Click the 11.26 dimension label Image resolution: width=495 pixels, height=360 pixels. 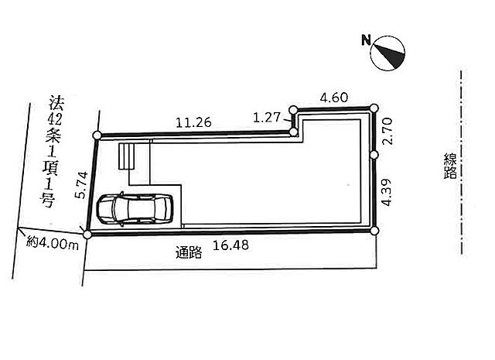(x=193, y=122)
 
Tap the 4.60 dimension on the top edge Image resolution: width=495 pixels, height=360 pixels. (x=334, y=98)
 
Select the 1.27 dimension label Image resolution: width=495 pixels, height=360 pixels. (x=267, y=118)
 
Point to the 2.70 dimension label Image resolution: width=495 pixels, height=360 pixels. (x=387, y=131)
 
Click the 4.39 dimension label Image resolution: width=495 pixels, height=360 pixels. (x=387, y=193)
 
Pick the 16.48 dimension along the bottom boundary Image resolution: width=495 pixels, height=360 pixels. (x=230, y=245)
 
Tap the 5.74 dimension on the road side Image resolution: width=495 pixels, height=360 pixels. (x=81, y=185)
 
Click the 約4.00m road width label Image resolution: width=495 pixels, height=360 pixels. (x=53, y=244)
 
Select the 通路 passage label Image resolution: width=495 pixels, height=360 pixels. (x=189, y=252)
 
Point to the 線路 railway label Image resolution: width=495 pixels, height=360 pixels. (x=450, y=166)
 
